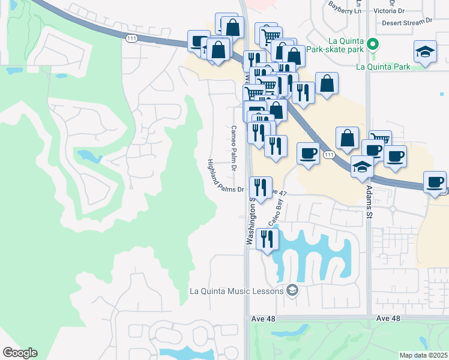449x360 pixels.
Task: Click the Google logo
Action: point(20,353)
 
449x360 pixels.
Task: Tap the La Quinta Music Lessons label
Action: point(235,291)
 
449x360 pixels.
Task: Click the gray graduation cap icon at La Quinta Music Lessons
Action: point(292,290)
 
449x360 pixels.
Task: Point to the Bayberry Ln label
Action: point(347,7)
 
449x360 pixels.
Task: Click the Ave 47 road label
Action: point(279,193)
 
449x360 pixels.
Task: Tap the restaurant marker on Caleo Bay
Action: point(267,239)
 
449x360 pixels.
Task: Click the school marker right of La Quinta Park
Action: point(425,52)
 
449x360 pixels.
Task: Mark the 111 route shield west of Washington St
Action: point(131,38)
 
